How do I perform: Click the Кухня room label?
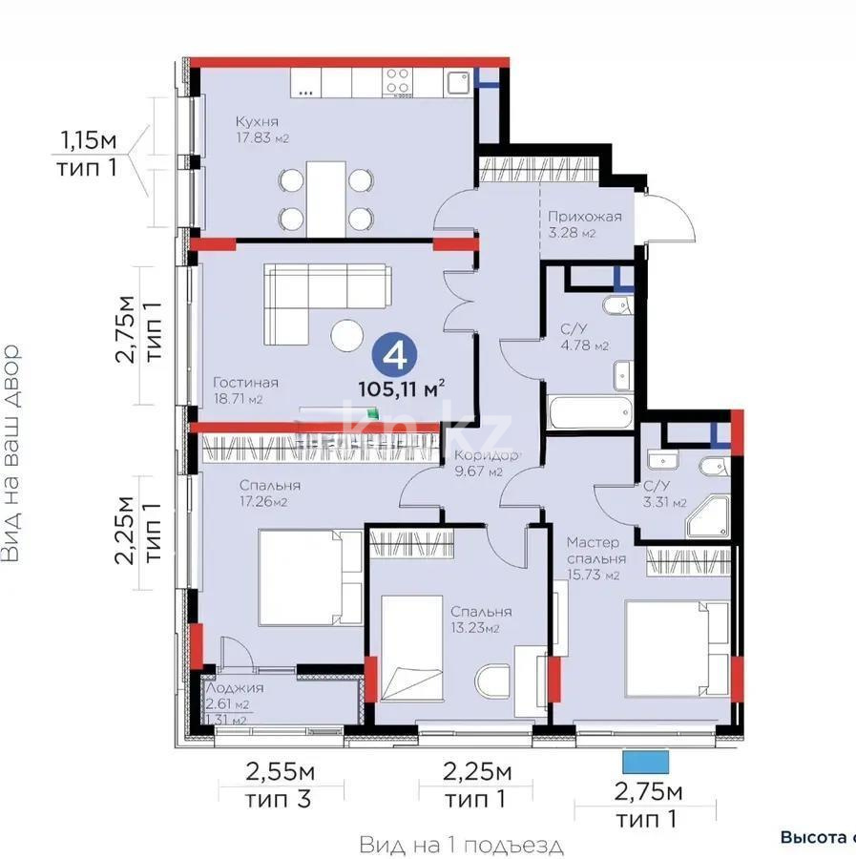pyautogui.click(x=258, y=121)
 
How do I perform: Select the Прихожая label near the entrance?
pyautogui.click(x=584, y=216)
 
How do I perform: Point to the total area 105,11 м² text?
pyautogui.click(x=402, y=388)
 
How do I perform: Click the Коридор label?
pyautogui.click(x=486, y=455)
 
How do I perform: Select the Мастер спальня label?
pyautogui.click(x=596, y=550)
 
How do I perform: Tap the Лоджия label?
pyautogui.click(x=233, y=687)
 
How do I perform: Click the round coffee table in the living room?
pyautogui.click(x=346, y=335)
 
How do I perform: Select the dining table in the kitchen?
pyautogui.click(x=325, y=198)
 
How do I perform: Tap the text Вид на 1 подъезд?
pyautogui.click(x=462, y=845)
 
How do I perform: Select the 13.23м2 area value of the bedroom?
pyautogui.click(x=481, y=629)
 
